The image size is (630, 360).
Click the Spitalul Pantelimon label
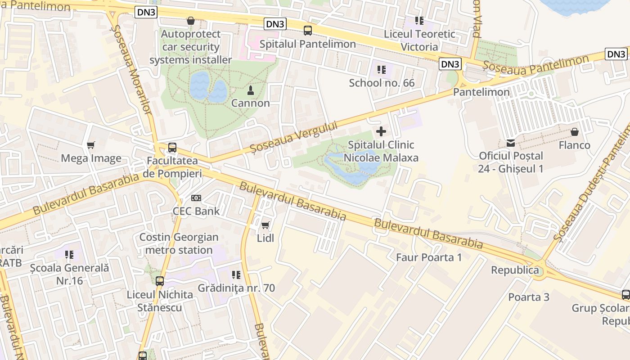pos(307,44)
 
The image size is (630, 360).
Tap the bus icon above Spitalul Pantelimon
pos(307,31)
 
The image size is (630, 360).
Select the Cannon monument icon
pos(251,90)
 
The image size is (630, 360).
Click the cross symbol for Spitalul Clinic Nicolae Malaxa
pos(381,131)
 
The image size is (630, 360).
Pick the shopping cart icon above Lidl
pos(265,225)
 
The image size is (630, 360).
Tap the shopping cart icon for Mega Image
pos(91,145)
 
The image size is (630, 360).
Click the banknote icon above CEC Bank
pos(196,198)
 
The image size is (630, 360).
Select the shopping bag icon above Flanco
pos(574,132)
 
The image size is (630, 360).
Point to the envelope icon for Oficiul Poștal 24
pos(511,143)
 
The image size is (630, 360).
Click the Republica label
pos(515,270)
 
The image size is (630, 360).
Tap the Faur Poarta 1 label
pos(429,257)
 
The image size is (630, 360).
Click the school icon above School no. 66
pos(382,70)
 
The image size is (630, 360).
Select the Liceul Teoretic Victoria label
pos(419,40)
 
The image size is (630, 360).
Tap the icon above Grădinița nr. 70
pos(236,274)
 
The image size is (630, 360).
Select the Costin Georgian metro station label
pos(179,243)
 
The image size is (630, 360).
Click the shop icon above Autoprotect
pos(190,21)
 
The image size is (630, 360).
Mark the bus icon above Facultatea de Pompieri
pos(172,147)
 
